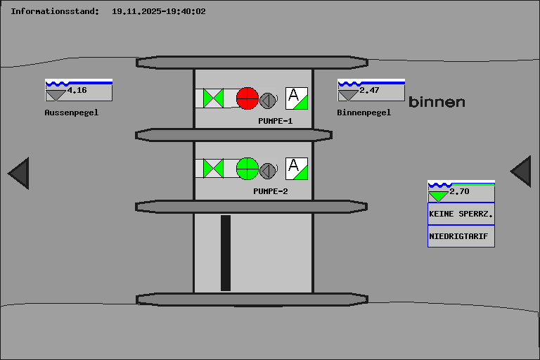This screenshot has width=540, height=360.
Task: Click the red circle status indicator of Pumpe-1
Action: click(247, 98)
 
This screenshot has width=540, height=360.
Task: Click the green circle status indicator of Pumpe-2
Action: click(247, 169)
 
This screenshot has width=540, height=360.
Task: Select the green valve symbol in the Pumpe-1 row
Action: click(213, 98)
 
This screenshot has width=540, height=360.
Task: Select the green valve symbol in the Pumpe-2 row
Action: click(213, 169)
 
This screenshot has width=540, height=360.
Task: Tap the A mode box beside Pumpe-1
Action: click(297, 98)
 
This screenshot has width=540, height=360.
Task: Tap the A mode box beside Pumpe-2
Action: click(297, 169)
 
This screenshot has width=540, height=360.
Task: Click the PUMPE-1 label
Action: click(275, 121)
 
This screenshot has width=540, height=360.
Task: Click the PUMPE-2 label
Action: click(270, 191)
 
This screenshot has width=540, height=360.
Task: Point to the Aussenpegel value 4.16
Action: click(77, 90)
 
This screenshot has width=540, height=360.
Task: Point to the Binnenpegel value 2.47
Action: click(369, 90)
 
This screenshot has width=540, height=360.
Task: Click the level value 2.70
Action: click(459, 191)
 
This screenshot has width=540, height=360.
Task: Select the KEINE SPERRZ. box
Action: click(461, 214)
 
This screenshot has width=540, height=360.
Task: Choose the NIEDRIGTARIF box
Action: click(461, 236)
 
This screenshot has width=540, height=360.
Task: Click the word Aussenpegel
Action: click(72, 112)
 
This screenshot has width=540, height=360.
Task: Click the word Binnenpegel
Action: click(364, 112)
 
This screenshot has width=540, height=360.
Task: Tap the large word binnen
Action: click(437, 102)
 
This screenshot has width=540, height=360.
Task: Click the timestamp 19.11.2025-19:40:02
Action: click(159, 11)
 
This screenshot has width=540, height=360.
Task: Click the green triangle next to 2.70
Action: click(438, 196)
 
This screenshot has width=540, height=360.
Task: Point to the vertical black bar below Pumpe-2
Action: click(226, 253)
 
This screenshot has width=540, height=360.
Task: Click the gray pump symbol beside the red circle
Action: click(268, 101)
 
